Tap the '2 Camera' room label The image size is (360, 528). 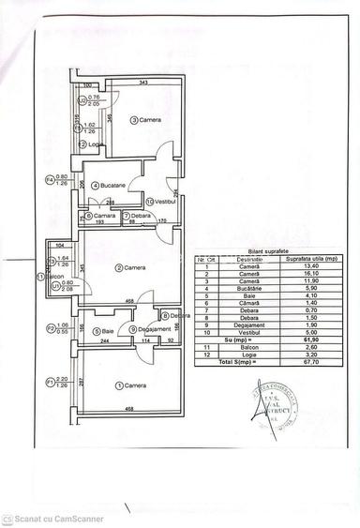[132, 268]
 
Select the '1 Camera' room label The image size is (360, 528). [132, 385]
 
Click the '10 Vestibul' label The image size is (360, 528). [162, 201]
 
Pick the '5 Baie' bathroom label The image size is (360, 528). [105, 331]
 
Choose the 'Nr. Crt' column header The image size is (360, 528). [204, 260]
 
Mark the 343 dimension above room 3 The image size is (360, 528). [142, 83]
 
